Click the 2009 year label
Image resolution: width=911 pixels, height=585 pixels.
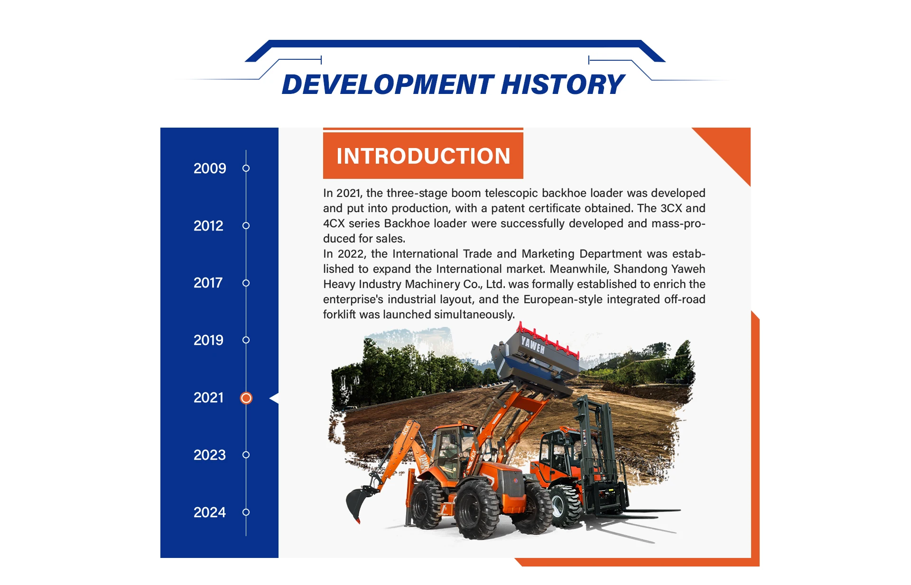210,168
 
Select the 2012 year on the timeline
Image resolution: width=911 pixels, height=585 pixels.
208,226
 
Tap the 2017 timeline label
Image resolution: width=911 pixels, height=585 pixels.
208,283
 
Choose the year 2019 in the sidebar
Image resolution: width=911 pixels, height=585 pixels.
208,340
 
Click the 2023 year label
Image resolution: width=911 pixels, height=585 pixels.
210,455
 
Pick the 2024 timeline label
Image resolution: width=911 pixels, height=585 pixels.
210,512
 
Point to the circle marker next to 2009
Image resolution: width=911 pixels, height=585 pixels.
246,168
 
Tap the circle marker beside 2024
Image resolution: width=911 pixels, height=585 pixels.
246,512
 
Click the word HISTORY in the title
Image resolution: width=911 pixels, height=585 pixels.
563,84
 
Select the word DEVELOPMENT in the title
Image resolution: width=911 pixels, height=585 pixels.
388,84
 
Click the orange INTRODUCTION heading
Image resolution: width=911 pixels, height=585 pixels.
423,156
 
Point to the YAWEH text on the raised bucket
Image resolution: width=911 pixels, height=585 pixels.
533,344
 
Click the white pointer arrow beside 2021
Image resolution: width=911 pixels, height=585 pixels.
274,398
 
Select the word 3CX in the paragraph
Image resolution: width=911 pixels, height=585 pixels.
671,208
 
